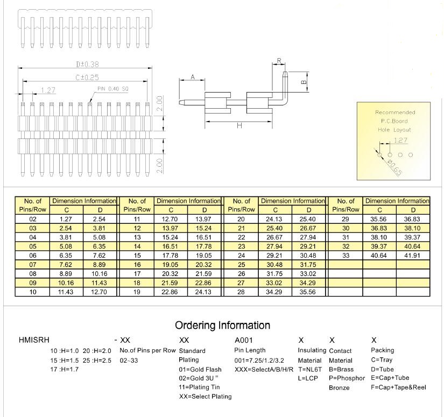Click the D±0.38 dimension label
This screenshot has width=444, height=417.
88,64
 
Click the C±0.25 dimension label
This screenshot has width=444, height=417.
87,77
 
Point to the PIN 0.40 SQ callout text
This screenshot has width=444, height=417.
112,89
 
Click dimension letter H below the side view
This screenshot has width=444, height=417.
239,125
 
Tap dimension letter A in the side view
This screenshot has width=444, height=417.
193,77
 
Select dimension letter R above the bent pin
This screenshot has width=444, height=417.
279,61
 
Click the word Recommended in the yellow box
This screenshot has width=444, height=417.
395,112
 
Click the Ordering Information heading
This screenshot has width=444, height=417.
223,326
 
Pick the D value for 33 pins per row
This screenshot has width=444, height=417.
412,256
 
